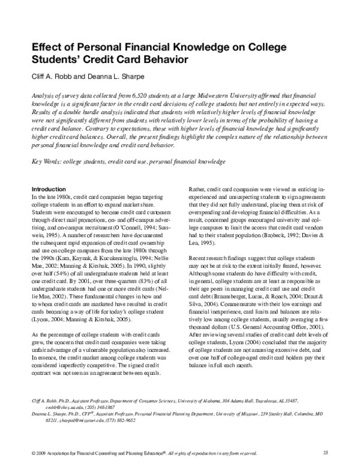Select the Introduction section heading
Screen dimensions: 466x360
point(49,188)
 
